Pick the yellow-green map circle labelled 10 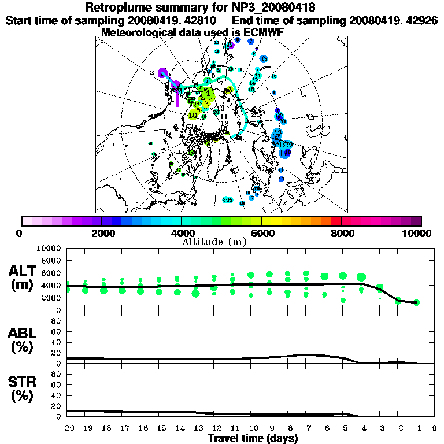click(194, 114)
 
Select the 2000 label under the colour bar click(102, 233)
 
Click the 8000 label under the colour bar click(342, 233)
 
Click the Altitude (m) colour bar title click(214, 241)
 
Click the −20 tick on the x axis click(67, 429)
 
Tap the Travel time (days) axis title click(253, 438)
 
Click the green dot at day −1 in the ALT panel click(416, 302)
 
